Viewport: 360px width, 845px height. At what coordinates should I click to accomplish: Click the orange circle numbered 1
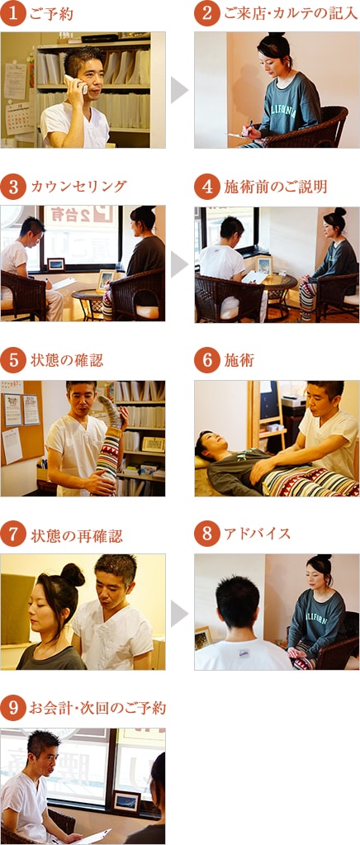14,14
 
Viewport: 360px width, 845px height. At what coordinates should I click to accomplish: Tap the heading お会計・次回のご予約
97,708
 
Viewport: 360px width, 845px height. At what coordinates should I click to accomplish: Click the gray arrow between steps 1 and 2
179,90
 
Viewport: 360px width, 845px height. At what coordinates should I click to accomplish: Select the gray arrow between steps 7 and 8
179,612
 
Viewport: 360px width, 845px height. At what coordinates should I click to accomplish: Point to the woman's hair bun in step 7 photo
72,573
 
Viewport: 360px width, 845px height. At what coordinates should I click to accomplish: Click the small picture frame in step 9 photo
126,800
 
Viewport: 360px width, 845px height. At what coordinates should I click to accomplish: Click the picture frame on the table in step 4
263,264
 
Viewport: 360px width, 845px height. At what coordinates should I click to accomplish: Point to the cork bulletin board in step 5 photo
21,421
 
